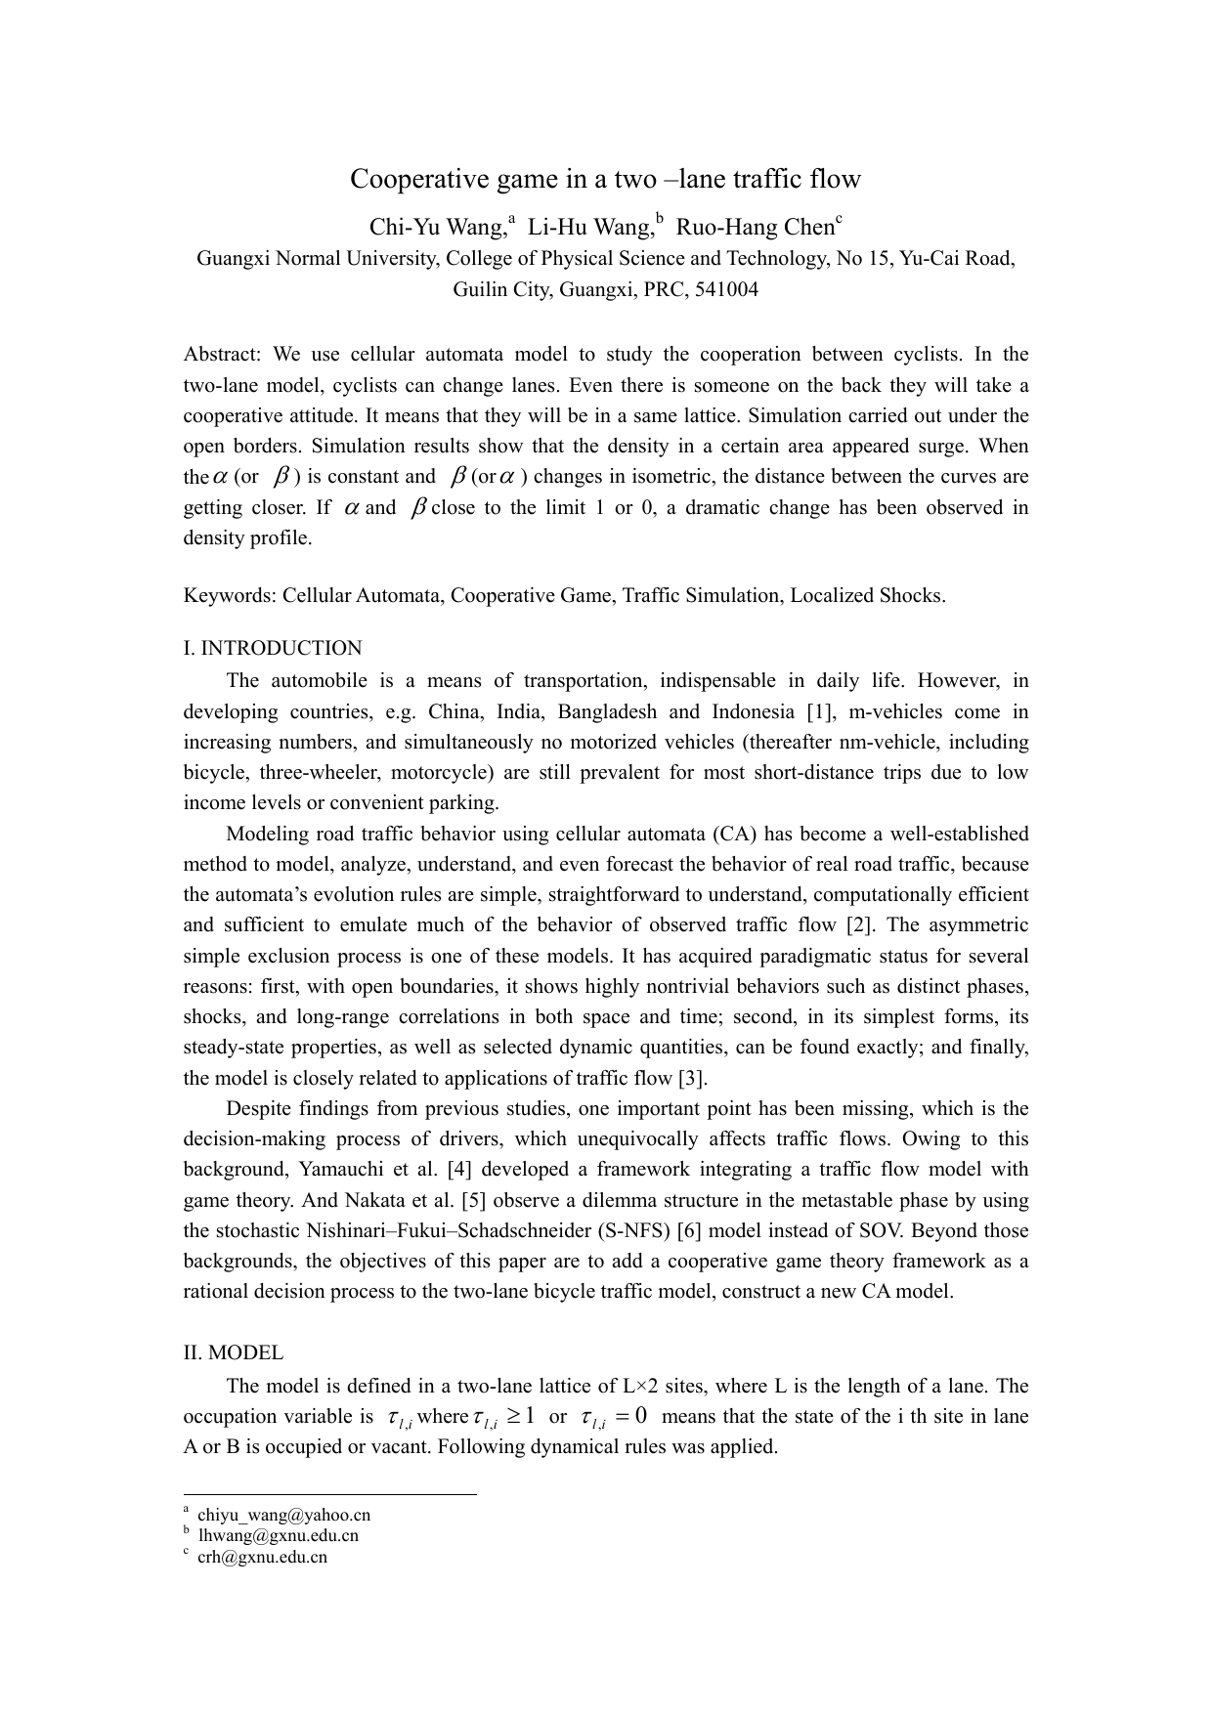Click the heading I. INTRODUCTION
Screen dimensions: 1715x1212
click(273, 649)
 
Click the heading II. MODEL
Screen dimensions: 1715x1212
click(234, 1353)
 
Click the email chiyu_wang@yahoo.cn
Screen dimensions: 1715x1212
click(283, 1516)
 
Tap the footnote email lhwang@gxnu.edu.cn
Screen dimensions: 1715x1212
click(278, 1536)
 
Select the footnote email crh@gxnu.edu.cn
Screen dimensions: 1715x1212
click(262, 1558)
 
